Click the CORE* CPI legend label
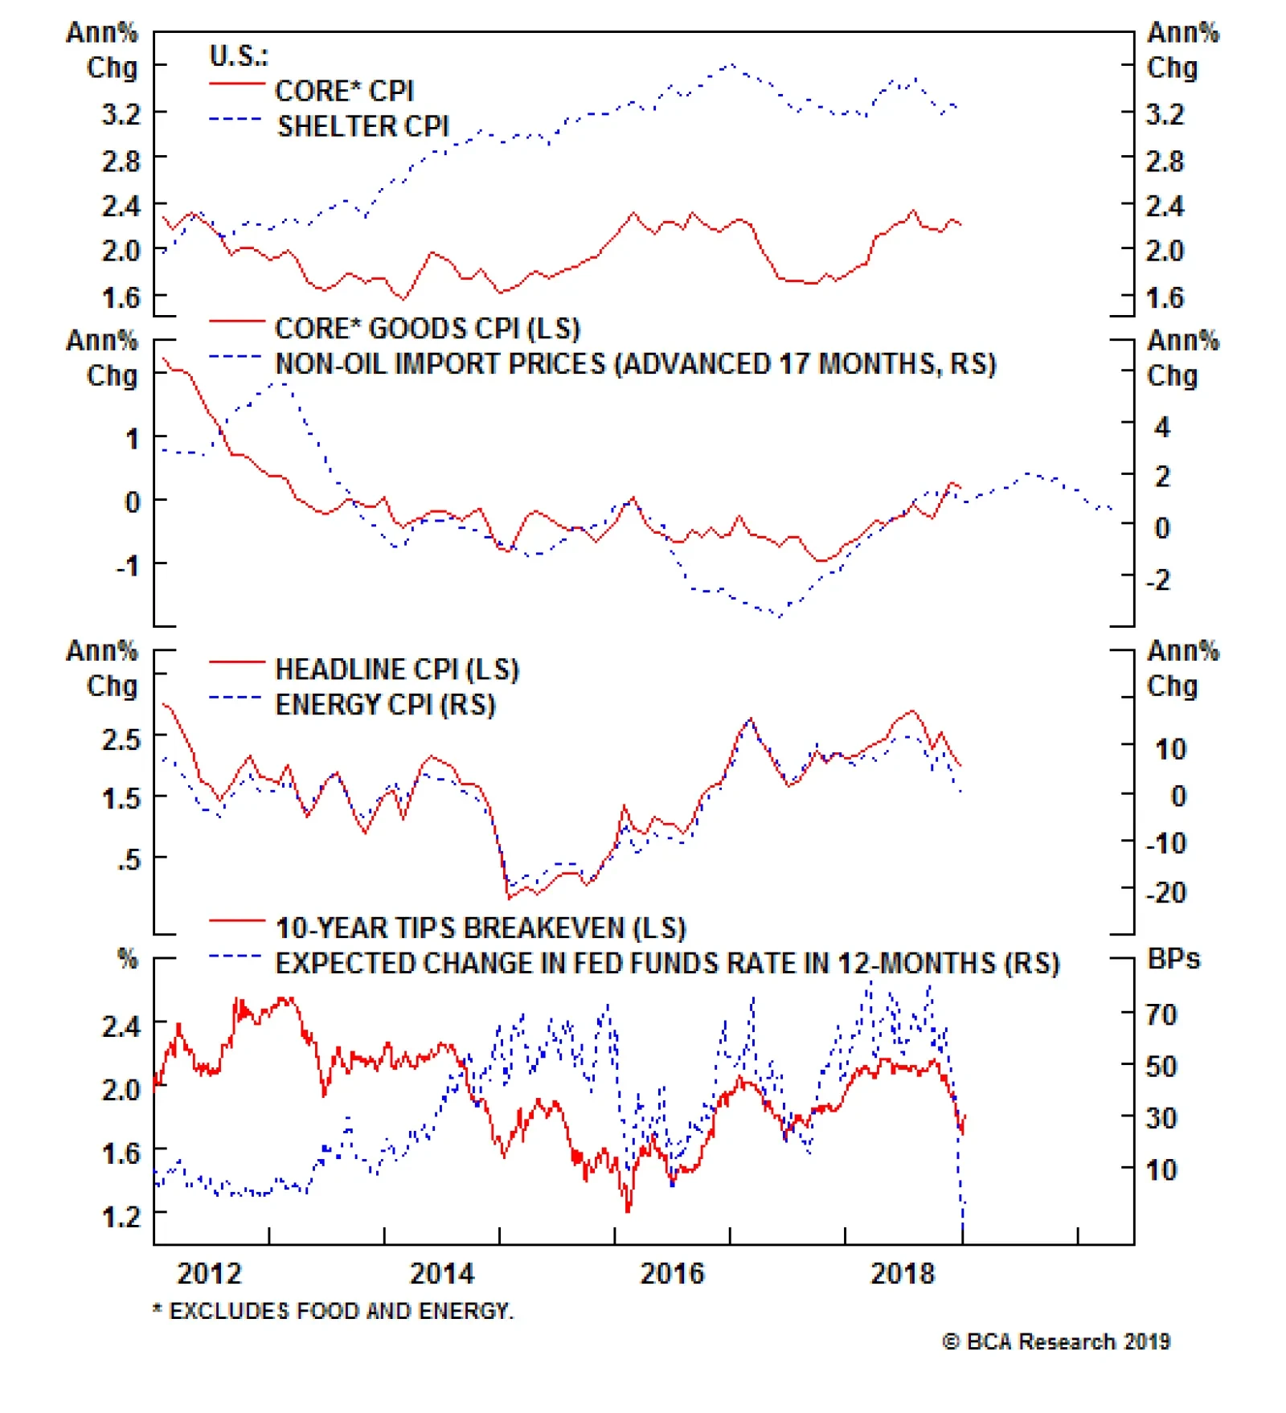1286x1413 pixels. coord(344,91)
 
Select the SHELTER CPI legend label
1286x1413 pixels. coord(362,126)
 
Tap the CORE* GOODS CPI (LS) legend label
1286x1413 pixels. coord(427,329)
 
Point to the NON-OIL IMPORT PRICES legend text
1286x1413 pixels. coord(635,364)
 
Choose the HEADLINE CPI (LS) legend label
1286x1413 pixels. coord(397,670)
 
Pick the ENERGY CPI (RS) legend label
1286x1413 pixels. coord(385,705)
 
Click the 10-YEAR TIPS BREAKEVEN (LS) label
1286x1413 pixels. coord(481,928)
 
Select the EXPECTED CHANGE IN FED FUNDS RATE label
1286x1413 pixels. coord(667,964)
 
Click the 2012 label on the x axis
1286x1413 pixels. coord(209,1274)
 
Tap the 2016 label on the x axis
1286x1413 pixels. coord(671,1274)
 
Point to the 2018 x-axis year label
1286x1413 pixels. coord(903,1274)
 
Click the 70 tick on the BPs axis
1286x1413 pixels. coord(1161,1015)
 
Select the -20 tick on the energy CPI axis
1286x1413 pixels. coord(1165,892)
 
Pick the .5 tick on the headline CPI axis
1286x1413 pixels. coord(128,859)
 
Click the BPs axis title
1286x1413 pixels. coord(1173,959)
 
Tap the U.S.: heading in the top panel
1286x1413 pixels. coord(239,56)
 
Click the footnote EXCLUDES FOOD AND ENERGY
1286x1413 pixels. coord(333,1311)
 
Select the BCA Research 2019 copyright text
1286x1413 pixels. coord(1056,1341)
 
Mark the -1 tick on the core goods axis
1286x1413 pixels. coord(128,566)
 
